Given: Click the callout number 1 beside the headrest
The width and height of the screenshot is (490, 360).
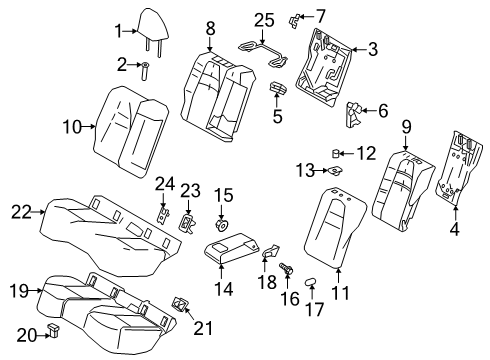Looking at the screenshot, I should [116, 29].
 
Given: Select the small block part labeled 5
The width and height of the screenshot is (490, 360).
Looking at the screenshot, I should [277, 91].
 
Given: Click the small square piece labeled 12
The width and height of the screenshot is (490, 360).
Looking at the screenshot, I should [338, 153].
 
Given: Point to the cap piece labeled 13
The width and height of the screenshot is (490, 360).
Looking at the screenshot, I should [337, 172].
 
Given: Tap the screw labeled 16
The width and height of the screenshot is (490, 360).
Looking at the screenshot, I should [284, 269].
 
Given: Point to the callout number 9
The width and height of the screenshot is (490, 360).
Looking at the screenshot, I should [407, 126].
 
